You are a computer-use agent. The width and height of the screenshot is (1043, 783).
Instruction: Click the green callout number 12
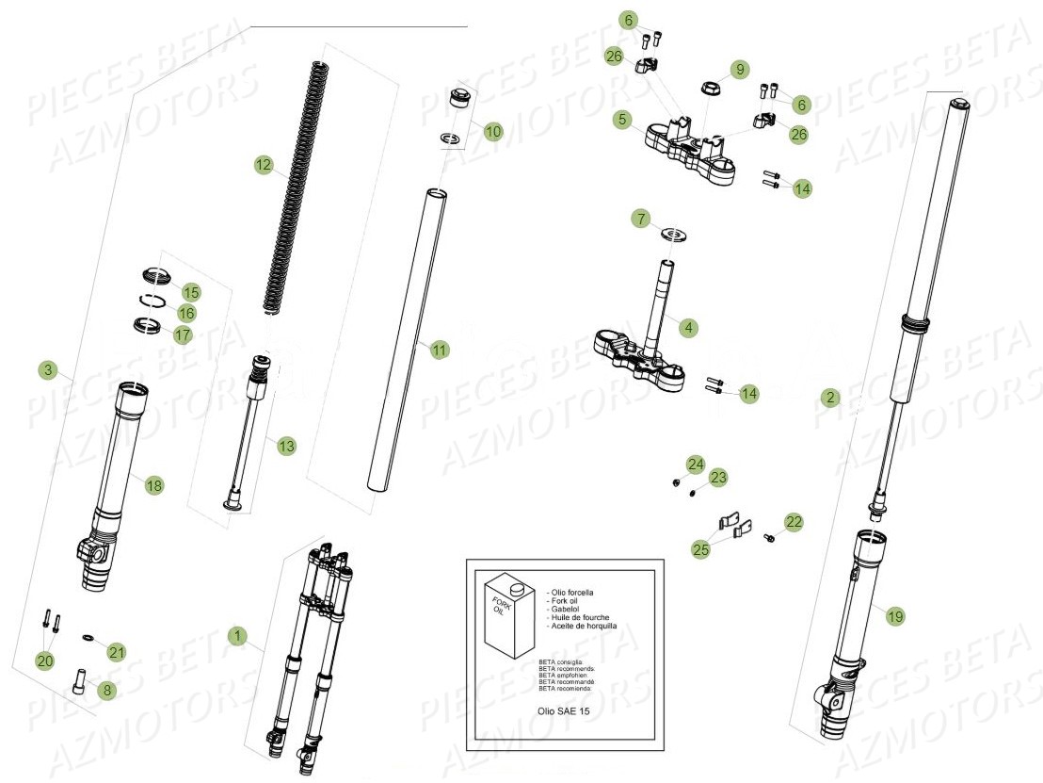click(263, 166)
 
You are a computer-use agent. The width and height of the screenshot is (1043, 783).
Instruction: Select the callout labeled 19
click(894, 616)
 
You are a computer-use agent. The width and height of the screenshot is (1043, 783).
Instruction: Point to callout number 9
click(740, 70)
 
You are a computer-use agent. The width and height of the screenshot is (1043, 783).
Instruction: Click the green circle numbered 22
click(794, 521)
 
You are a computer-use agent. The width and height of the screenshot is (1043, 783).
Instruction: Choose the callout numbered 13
click(285, 446)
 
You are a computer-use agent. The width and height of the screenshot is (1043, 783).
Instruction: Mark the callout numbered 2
click(828, 398)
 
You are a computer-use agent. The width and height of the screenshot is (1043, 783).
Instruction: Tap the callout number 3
click(49, 368)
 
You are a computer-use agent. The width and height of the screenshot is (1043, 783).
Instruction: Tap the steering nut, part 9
click(712, 90)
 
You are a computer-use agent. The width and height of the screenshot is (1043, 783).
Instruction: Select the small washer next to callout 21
click(87, 638)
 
